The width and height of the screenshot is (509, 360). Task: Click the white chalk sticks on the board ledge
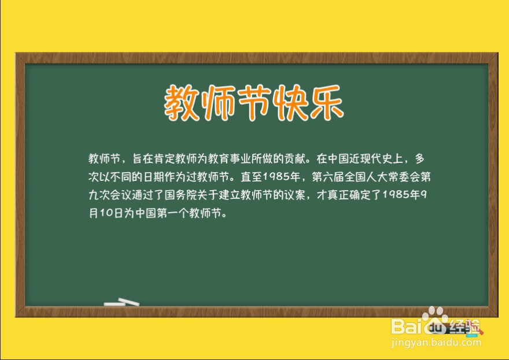click(x=121, y=302)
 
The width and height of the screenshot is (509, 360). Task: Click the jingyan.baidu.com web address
click(x=437, y=342)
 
